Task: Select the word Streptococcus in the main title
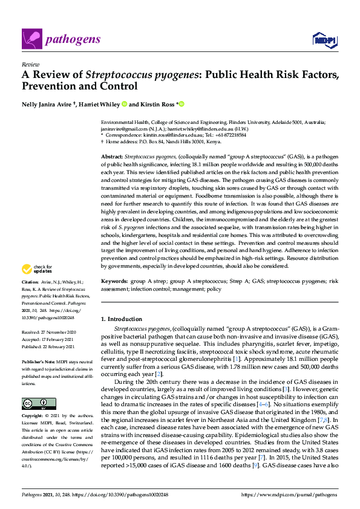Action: (116, 76)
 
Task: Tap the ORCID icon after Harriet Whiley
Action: (125, 104)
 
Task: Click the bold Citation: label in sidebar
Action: (30, 282)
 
